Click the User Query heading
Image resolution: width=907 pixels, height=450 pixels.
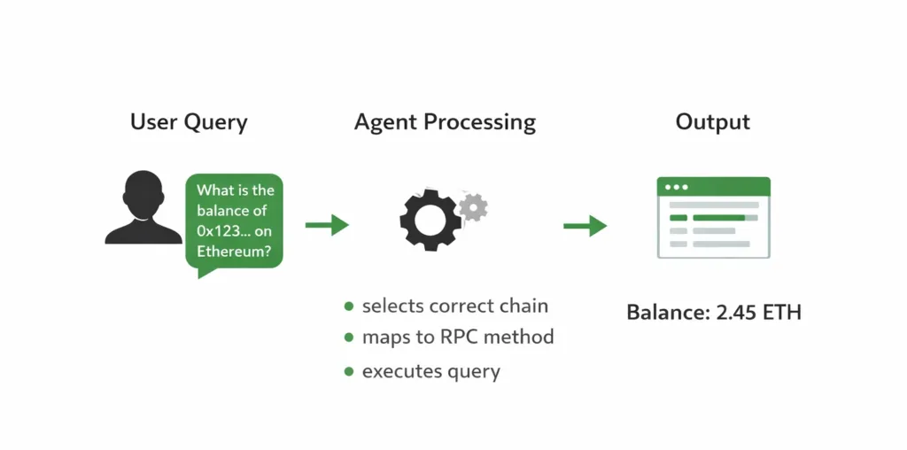188,122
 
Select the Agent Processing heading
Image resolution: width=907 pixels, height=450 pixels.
445,122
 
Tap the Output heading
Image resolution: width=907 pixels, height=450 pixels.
712,121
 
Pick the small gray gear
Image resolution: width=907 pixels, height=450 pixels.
474,206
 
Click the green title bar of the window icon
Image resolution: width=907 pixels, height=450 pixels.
713,187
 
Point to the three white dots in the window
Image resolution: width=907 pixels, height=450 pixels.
677,187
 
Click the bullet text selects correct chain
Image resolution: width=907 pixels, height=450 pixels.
454,306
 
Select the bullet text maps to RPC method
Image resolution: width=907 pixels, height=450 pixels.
458,337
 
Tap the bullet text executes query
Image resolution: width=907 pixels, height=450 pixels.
431,371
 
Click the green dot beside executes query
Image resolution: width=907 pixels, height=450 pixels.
349,371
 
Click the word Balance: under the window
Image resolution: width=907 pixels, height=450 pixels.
663,313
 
